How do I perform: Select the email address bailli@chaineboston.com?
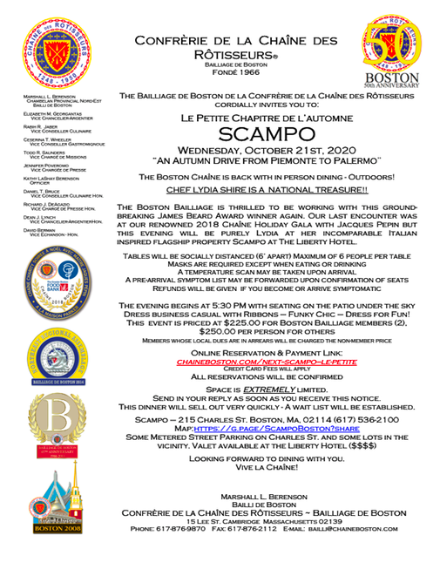(x=365, y=529)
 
